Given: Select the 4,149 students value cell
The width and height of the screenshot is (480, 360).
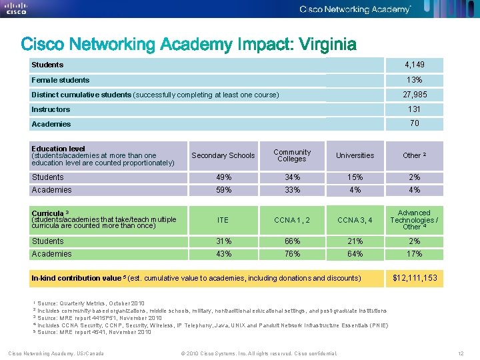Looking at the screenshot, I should coord(414,65).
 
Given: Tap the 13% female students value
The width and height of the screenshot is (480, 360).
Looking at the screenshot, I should coord(414,80).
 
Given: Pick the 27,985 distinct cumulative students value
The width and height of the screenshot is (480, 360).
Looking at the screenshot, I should coord(414,95).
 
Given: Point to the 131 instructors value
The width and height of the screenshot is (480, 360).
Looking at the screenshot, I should coord(414,109).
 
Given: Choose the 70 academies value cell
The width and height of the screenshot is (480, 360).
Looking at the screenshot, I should coord(414,124).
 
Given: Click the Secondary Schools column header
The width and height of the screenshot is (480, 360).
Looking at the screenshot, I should coord(223,155).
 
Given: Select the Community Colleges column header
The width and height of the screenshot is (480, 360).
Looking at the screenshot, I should coord(291,155).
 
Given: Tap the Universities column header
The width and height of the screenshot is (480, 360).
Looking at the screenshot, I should coord(355,155).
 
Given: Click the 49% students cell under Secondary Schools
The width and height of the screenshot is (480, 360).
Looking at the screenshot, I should coord(223,177).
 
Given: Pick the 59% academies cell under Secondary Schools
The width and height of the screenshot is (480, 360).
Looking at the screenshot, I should coord(223,190).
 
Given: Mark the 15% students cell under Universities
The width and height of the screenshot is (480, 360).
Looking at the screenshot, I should coord(355,177).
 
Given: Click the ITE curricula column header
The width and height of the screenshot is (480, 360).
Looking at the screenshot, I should coord(223,219).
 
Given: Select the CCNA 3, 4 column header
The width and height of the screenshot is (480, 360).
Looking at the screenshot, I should coord(355,219).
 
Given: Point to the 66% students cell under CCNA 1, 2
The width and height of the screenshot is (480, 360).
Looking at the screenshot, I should coord(291,241).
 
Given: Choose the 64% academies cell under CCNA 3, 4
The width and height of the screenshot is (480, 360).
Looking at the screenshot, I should coord(355,254).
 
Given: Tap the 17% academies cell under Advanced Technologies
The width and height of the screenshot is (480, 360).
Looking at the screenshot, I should coord(414,254).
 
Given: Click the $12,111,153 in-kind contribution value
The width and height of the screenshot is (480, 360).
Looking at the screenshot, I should coord(415,278).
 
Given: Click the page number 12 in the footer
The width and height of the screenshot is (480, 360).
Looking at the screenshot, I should coord(461,353).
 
